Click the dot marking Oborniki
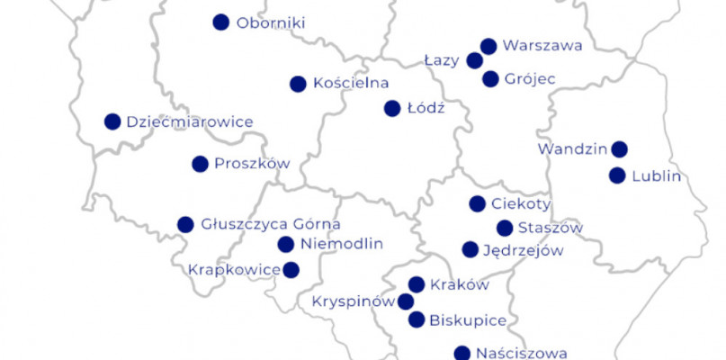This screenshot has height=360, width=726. click(x=220, y=22)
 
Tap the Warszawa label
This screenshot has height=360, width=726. click(x=542, y=45)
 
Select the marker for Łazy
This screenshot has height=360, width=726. click(x=475, y=60)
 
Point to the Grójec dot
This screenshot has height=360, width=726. click(x=490, y=79)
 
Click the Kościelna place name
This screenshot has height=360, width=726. click(x=351, y=83)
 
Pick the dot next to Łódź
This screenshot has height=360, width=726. click(x=392, y=108)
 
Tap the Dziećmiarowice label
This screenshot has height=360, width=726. click(x=190, y=121)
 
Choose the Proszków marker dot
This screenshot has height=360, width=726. click(x=200, y=164)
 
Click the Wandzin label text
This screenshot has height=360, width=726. click(x=570, y=148)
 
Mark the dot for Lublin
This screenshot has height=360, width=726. click(x=617, y=175)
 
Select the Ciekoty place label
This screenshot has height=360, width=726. click(x=521, y=203)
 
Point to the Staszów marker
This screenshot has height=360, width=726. click(x=505, y=228)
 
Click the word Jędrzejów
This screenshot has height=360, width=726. click(x=524, y=250)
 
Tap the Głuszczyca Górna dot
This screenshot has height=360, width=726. click(x=185, y=224)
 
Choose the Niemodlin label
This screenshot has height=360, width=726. click(x=342, y=244)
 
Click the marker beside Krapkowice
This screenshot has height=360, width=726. click(x=291, y=269)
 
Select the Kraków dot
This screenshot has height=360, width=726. click(x=417, y=284)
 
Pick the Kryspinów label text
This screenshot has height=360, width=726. click(x=352, y=301)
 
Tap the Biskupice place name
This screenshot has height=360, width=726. click(x=468, y=319)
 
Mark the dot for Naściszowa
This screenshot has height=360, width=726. click(x=462, y=353)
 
